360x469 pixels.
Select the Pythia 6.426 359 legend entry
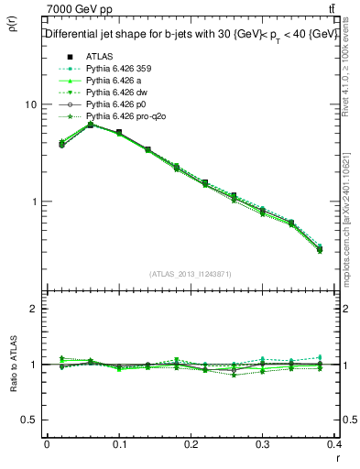(x=117, y=69)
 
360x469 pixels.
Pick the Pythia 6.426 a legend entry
(x=114, y=81)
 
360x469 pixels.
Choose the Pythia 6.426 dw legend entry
(x=115, y=93)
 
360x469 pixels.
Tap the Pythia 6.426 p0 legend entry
(x=115, y=105)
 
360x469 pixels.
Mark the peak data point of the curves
(x=90, y=125)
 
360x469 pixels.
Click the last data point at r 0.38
(x=320, y=249)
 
